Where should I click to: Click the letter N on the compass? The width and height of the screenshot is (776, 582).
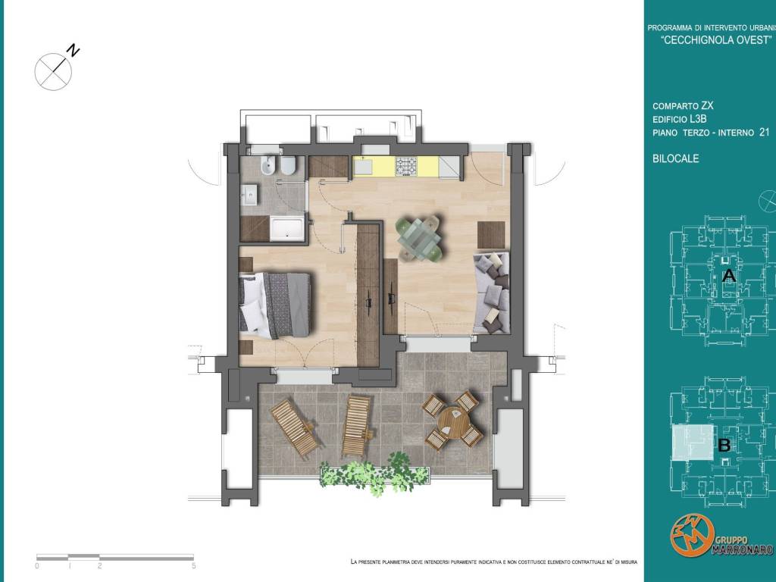[x=74, y=50]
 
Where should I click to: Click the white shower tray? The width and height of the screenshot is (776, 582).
[x=287, y=228]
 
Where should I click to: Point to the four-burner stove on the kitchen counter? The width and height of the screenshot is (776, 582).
[x=406, y=166]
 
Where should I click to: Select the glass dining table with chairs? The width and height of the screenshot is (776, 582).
[x=418, y=237]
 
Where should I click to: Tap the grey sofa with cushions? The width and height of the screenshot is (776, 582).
[x=491, y=293]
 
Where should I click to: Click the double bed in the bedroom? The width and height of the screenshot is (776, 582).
[x=274, y=305]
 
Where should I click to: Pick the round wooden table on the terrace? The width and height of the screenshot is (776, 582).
[x=453, y=421]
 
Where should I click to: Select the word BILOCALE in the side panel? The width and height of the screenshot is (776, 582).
[x=675, y=158]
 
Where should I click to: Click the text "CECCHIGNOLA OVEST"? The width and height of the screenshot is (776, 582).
[x=717, y=41]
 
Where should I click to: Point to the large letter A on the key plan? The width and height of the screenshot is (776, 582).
[x=728, y=276]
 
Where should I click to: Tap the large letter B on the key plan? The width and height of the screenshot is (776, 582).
[x=724, y=446]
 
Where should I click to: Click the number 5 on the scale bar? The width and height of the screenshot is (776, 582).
[x=193, y=565]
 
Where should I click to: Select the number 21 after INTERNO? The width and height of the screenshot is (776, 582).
[x=764, y=132]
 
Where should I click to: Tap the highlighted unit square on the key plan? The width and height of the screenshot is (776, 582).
[x=693, y=443]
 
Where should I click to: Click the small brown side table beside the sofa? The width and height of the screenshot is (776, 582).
[x=491, y=235]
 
